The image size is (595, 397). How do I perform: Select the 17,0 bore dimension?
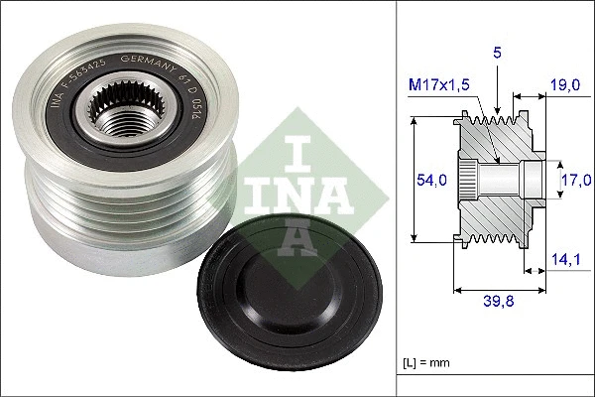[x=575, y=179]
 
